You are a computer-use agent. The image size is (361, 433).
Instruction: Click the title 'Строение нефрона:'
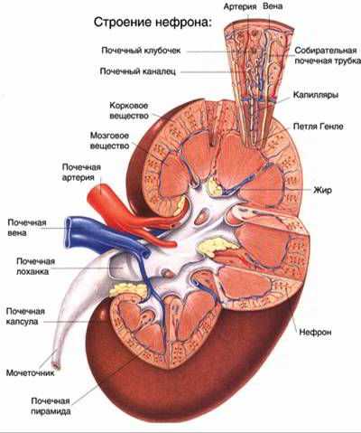click(153, 23)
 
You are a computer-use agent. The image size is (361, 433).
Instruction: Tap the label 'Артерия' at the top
click(240, 6)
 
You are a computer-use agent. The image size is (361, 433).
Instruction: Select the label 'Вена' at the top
click(273, 6)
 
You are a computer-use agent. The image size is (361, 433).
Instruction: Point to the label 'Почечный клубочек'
click(141, 51)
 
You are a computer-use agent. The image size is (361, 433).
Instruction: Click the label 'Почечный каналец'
click(138, 71)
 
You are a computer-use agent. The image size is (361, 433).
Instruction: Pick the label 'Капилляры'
click(316, 95)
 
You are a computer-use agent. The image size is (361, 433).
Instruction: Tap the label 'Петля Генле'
click(319, 126)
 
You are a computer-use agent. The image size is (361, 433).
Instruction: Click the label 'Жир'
click(323, 190)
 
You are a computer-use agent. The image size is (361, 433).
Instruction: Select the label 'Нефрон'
click(315, 332)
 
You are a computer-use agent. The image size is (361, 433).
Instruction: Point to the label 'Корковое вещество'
click(129, 110)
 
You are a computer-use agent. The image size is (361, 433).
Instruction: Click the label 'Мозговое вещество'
click(110, 141)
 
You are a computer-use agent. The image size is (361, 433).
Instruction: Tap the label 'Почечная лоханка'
click(35, 266)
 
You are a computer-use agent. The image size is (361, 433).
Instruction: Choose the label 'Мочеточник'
click(31, 372)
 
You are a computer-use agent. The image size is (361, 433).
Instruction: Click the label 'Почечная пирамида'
click(51, 406)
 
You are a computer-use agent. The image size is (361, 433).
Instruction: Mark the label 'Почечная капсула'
click(25, 316)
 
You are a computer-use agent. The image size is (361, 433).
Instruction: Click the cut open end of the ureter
click(57, 365)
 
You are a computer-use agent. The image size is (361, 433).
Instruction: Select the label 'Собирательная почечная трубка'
click(328, 55)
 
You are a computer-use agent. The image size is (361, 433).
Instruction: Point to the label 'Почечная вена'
click(27, 228)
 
